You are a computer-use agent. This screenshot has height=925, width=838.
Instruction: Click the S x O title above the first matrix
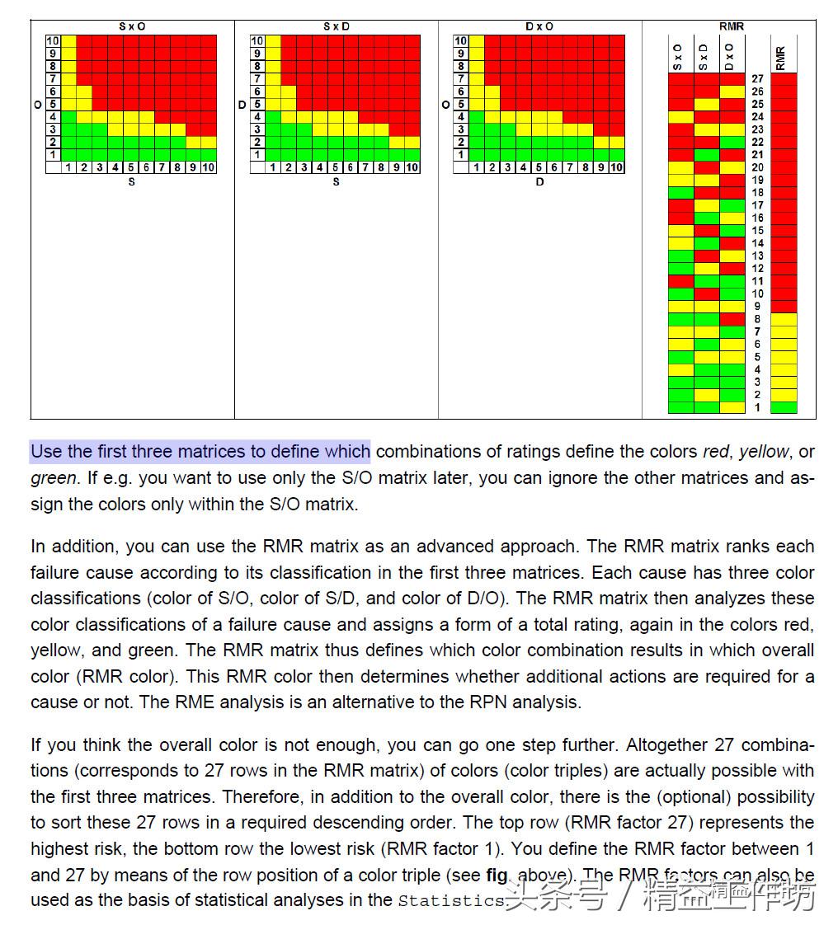[x=132, y=26]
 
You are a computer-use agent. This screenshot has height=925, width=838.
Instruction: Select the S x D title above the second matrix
[x=336, y=26]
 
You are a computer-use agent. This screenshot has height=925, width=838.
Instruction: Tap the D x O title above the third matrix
[x=539, y=26]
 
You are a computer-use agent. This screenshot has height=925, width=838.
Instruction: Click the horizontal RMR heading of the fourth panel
[x=731, y=26]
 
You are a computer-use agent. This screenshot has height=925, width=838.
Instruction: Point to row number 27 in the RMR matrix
[x=757, y=79]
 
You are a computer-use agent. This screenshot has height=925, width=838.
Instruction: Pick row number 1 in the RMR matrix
[x=757, y=407]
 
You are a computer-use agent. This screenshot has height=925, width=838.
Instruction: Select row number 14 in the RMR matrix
[x=757, y=243]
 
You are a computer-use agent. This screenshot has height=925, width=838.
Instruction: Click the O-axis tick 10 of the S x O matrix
[x=53, y=40]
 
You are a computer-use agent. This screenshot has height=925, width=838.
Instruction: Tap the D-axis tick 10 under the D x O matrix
[x=616, y=167]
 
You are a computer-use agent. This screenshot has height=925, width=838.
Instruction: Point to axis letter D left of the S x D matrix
[x=242, y=105]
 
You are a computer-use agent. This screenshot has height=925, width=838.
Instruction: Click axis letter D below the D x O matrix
[x=539, y=182]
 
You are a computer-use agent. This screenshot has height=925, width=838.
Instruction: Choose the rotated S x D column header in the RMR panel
[x=704, y=57]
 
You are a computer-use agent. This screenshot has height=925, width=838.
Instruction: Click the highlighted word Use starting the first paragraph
[x=46, y=452]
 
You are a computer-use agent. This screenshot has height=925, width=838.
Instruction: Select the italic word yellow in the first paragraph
[x=763, y=452]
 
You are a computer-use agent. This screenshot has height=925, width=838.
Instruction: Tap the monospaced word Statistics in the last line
[x=450, y=900]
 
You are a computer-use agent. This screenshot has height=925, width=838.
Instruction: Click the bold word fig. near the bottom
[x=497, y=875]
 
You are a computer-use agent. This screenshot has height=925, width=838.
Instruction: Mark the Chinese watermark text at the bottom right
[x=660, y=894]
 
